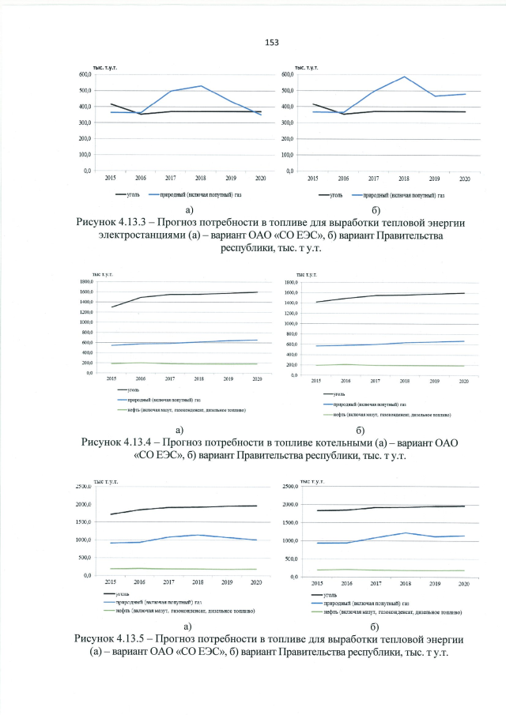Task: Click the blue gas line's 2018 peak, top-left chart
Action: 201,86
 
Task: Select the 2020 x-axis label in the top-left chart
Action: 259,179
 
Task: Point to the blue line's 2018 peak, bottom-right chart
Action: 404,533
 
